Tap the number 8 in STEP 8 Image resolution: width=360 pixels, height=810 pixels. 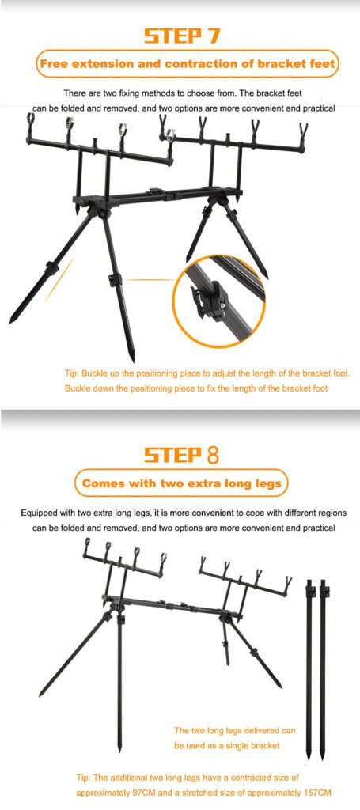tap(212, 454)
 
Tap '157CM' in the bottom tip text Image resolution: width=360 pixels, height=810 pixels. tap(316, 793)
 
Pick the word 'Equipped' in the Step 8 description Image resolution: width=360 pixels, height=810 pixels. tap(37, 513)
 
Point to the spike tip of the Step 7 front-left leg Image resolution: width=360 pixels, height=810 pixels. tap(11, 322)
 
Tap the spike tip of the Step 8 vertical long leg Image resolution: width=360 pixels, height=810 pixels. tap(119, 749)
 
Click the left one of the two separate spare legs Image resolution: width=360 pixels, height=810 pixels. tap(309, 671)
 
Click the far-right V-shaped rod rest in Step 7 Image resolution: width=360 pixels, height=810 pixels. tap(303, 132)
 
